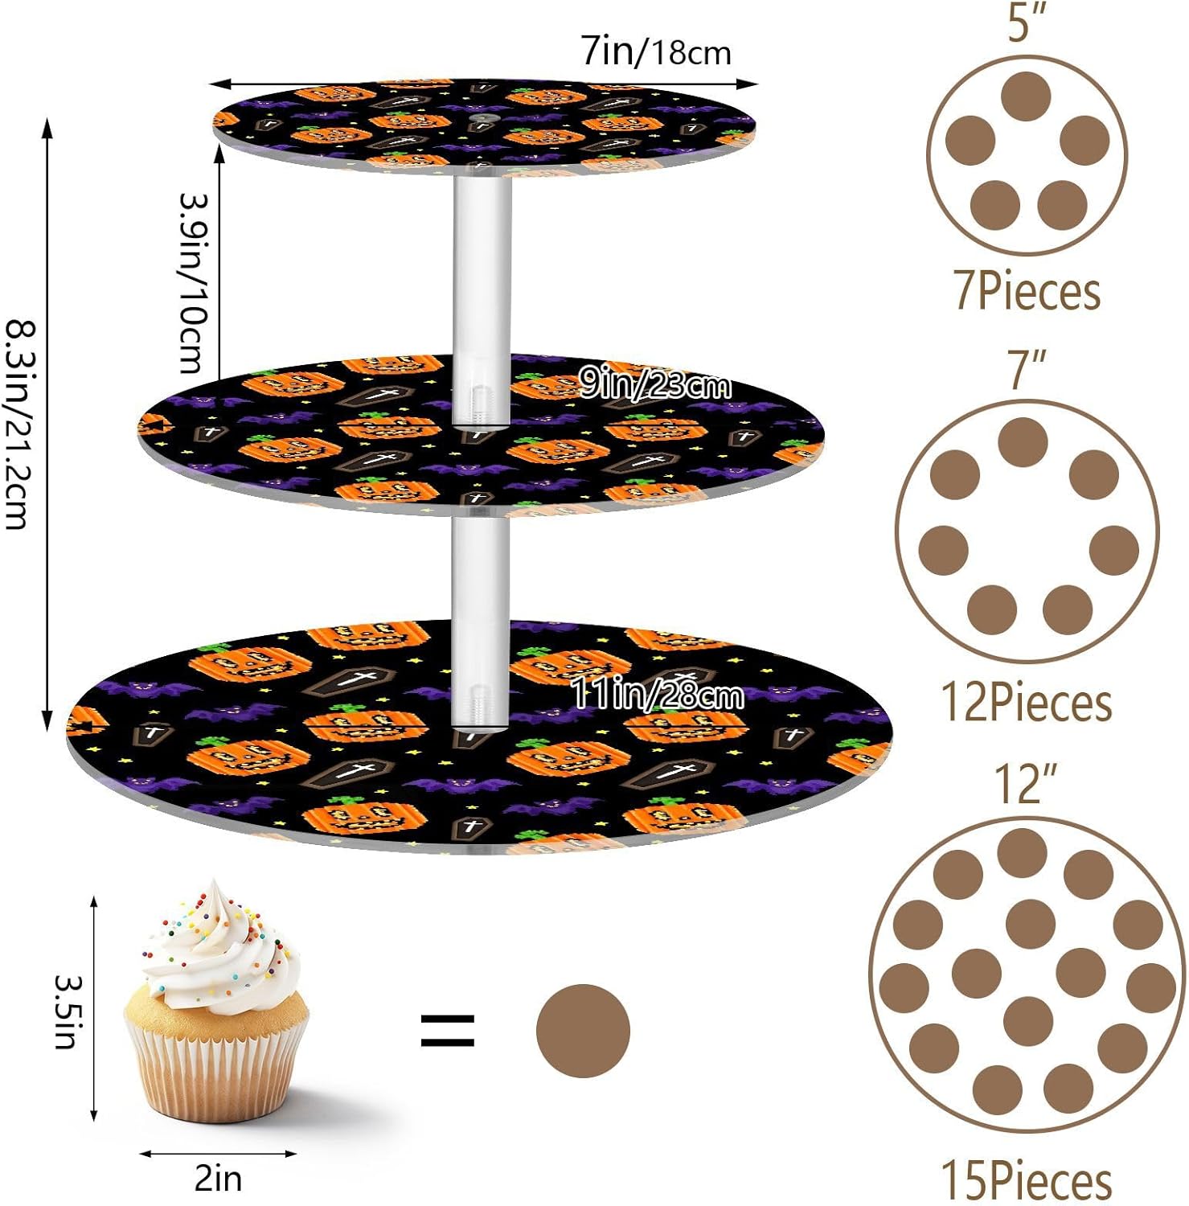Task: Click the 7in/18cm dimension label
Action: coord(656,51)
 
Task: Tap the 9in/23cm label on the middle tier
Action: coord(655,386)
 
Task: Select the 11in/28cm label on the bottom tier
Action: coord(657,695)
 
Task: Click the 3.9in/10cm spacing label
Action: coord(193,283)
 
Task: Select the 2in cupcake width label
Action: coord(218,1179)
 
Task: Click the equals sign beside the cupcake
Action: coord(448,1031)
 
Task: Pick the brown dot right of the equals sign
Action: coord(583,1031)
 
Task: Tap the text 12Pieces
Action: coord(1027,703)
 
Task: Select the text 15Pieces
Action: coord(1027,1180)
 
